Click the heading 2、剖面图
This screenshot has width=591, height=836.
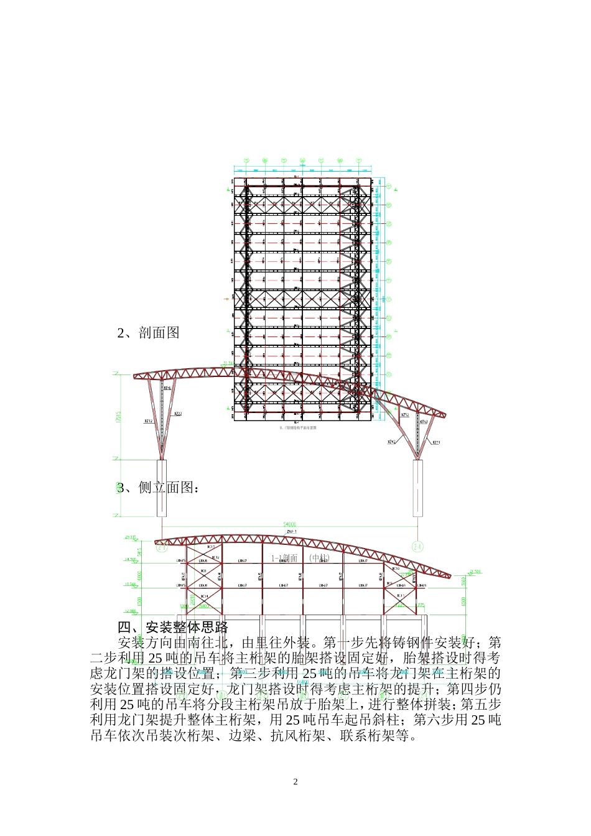[149, 333]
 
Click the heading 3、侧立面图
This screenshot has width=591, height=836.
[159, 488]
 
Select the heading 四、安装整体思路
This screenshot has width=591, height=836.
[174, 627]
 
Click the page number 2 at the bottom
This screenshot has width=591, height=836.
[295, 782]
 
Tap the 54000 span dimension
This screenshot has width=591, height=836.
[289, 525]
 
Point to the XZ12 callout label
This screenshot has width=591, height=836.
[149, 421]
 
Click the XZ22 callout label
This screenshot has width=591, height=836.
[178, 413]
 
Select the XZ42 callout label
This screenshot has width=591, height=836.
[392, 442]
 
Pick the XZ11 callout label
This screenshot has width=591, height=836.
[435, 442]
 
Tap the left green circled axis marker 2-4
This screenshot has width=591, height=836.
[162, 547]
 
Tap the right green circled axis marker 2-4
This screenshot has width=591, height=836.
[418, 547]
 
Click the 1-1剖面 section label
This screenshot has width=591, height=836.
[284, 558]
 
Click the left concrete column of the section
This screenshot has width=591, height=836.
[162, 488]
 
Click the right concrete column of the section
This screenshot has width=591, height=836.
[418, 488]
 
